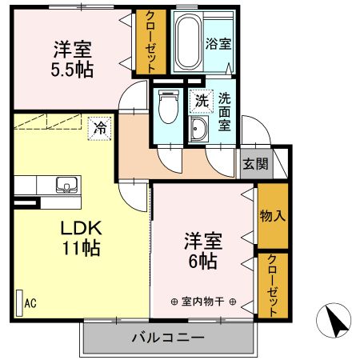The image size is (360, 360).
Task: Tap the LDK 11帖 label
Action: (x=81, y=238)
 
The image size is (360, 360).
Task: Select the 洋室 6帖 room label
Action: (x=203, y=250)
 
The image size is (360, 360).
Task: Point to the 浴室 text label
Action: (x=217, y=44)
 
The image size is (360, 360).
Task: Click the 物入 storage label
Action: (x=272, y=215)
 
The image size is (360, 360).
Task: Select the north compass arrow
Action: (x=335, y=322)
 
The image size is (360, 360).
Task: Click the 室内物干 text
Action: (x=203, y=302)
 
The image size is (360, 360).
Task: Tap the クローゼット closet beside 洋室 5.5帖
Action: (x=146, y=42)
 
